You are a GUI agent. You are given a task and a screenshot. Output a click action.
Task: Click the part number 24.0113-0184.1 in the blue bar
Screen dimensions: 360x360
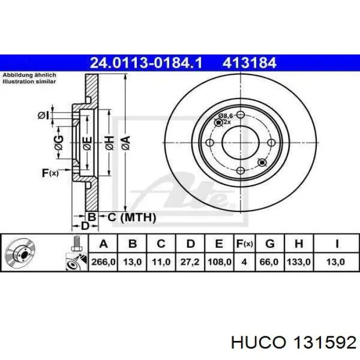(x=146, y=63)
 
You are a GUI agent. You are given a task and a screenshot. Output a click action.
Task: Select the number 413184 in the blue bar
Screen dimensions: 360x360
(x=249, y=63)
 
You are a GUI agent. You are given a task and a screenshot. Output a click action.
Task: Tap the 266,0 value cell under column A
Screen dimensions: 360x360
(x=103, y=262)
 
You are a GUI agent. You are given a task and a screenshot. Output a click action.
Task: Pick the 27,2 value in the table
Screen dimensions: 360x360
(x=190, y=262)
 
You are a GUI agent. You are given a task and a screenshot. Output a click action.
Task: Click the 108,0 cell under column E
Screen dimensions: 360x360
(x=219, y=262)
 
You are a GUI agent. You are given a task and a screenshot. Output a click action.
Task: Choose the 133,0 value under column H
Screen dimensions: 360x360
(x=298, y=262)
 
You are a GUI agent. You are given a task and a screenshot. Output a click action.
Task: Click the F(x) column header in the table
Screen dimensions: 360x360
(x=244, y=244)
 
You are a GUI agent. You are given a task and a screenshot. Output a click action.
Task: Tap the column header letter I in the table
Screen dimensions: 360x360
(x=337, y=244)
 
